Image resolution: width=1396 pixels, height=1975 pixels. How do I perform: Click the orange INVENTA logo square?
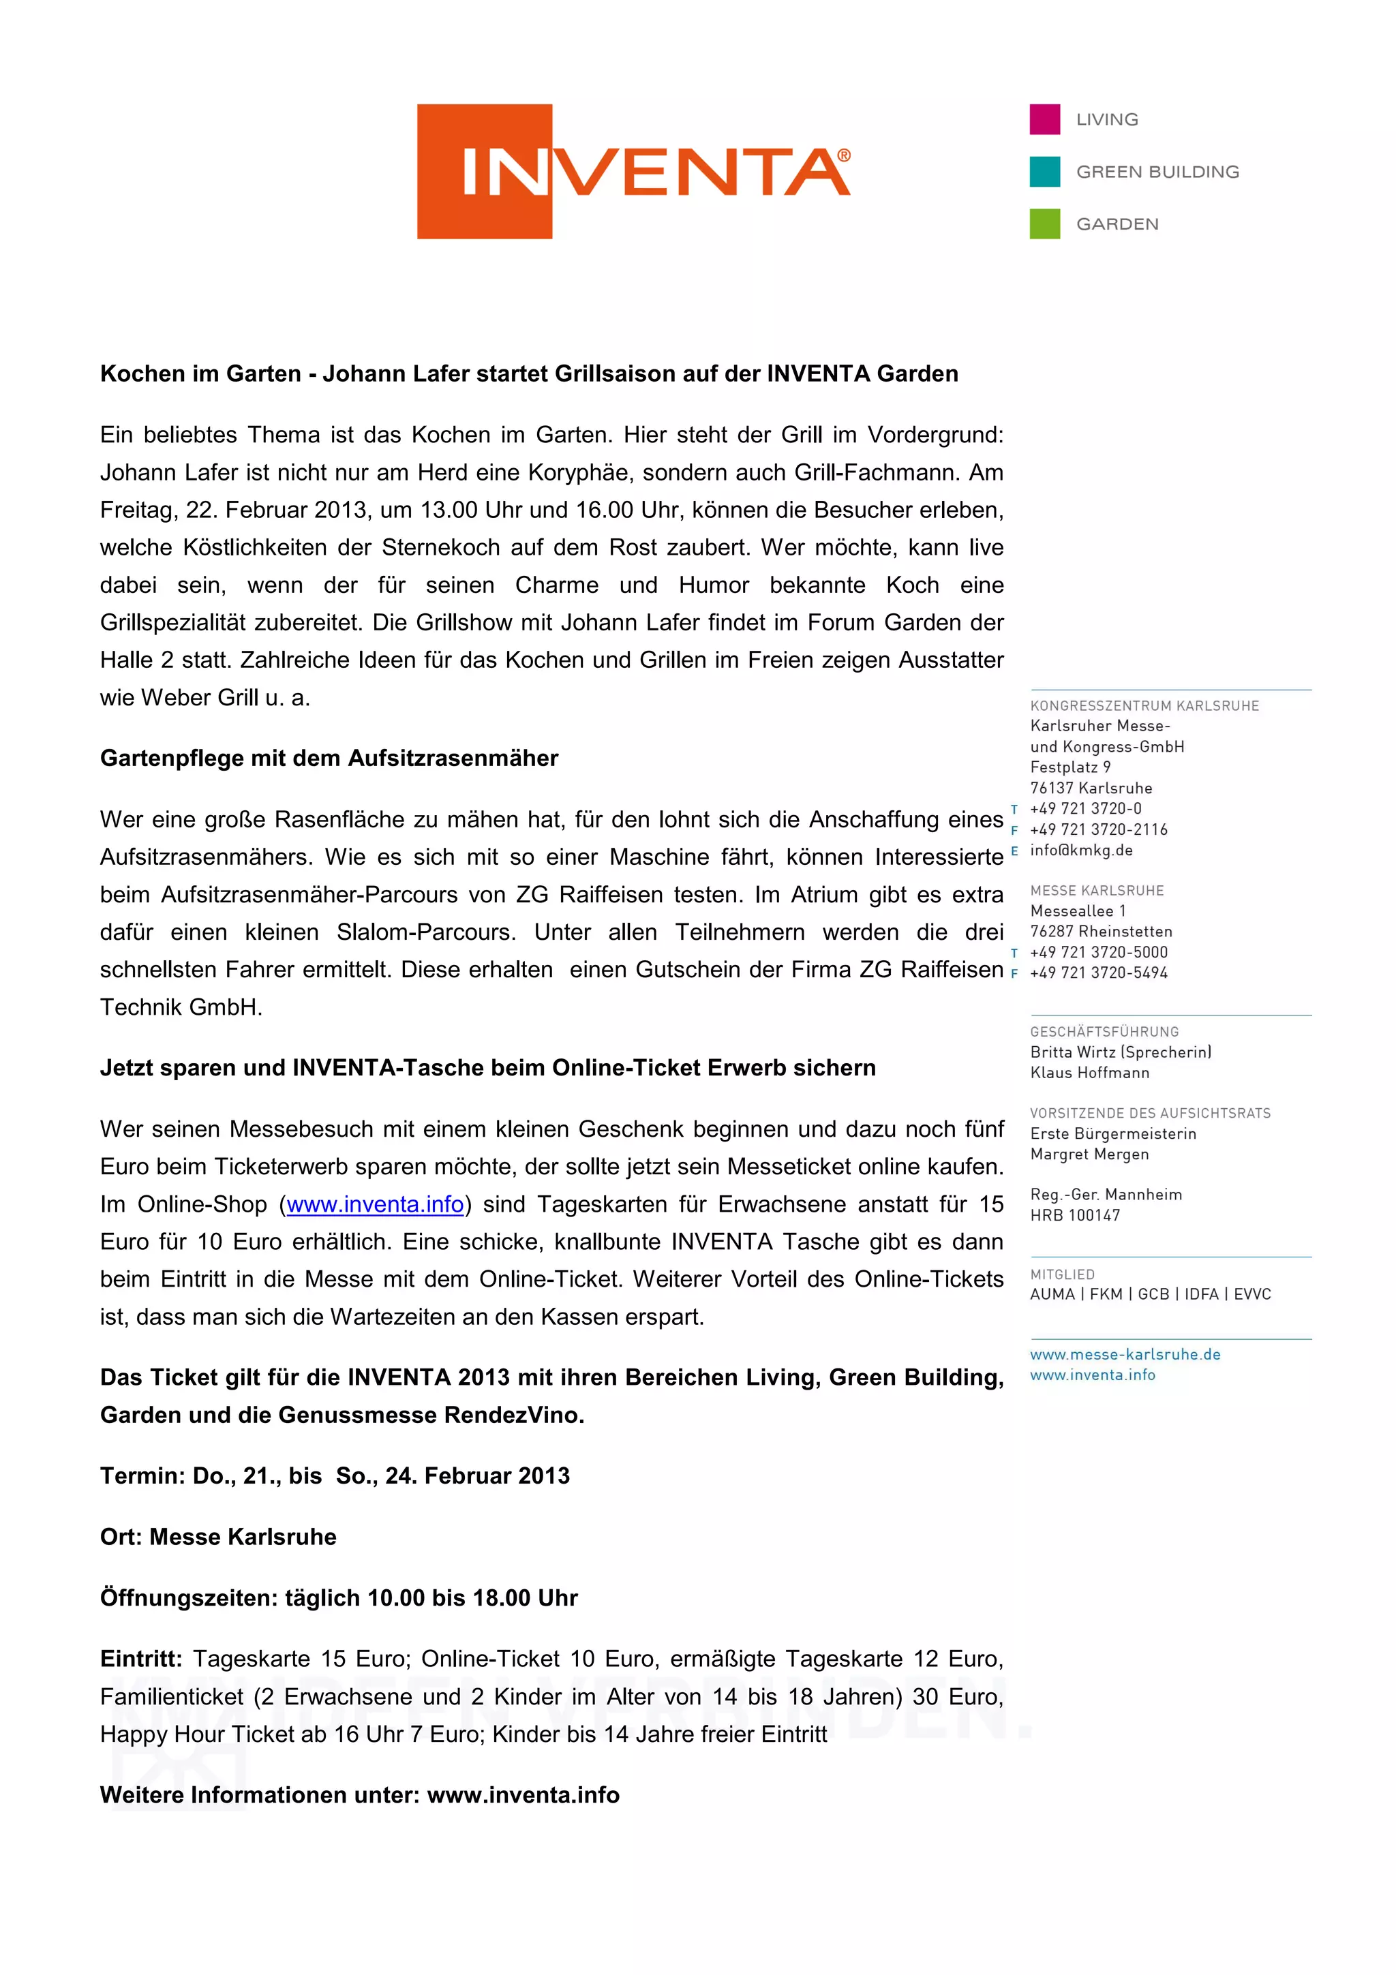[484, 171]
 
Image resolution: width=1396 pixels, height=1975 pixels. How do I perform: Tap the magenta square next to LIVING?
[1044, 119]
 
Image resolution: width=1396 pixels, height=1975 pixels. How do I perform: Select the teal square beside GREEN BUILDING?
[1044, 172]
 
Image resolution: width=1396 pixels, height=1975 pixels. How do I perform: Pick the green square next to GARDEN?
[1044, 224]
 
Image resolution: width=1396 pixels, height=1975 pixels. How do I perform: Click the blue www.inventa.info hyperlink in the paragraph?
[375, 1204]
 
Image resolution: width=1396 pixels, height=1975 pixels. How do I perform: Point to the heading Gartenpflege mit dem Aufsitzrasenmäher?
[329, 758]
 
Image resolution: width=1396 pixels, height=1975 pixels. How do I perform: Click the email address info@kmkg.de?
[1081, 850]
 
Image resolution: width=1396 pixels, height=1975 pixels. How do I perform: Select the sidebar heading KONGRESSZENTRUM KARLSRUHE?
[1144, 705]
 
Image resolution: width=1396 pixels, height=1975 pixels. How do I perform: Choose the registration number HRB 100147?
[1074, 1215]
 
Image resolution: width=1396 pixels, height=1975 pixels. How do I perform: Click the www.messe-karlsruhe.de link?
[1125, 1354]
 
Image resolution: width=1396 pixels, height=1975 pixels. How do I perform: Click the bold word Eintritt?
[141, 1659]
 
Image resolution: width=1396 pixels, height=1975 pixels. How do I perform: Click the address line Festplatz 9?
[1070, 767]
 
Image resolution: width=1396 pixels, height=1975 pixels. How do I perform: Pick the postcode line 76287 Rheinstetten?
[1101, 932]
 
